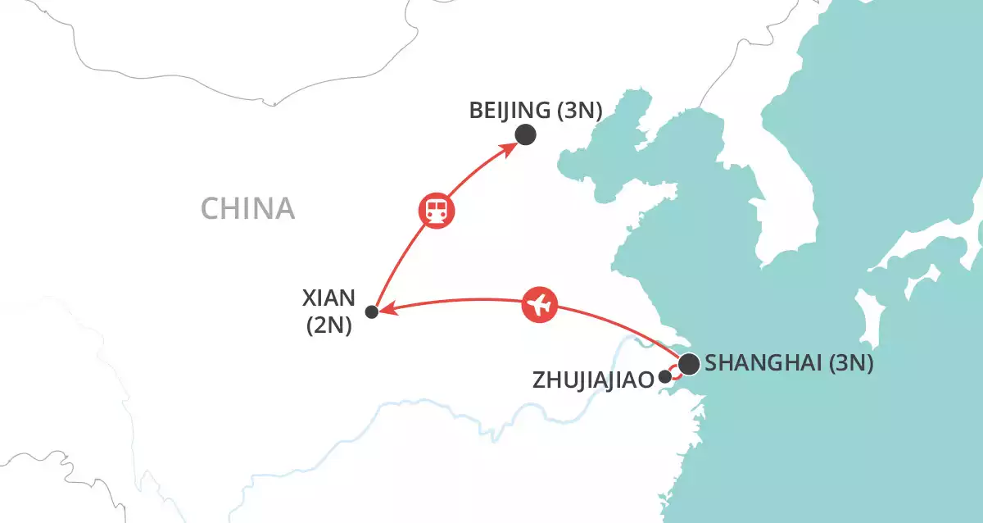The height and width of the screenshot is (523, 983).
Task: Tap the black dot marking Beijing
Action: [x=525, y=135]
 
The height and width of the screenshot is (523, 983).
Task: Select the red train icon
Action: [x=437, y=210]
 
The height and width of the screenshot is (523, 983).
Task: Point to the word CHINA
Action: [x=247, y=209]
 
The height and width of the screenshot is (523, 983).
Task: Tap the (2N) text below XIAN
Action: [x=328, y=325]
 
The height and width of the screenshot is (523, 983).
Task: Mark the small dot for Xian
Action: [x=371, y=312]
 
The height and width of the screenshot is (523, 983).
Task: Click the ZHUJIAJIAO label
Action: [x=592, y=380]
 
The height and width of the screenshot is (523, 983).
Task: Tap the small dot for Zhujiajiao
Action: [x=664, y=378]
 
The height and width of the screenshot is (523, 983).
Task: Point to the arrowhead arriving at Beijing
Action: [x=510, y=148]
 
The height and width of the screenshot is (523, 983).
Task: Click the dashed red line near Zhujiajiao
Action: [x=673, y=371]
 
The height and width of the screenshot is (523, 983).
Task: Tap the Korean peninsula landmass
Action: [x=807, y=205]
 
